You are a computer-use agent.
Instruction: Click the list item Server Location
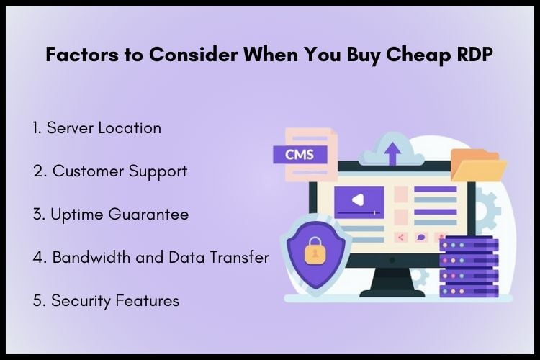(96, 128)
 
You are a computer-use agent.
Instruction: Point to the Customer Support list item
(109, 171)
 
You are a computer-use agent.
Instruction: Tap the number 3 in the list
(36, 215)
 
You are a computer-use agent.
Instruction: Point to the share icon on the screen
(402, 237)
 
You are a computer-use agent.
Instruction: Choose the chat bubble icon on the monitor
(421, 237)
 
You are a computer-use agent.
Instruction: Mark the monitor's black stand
(392, 279)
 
